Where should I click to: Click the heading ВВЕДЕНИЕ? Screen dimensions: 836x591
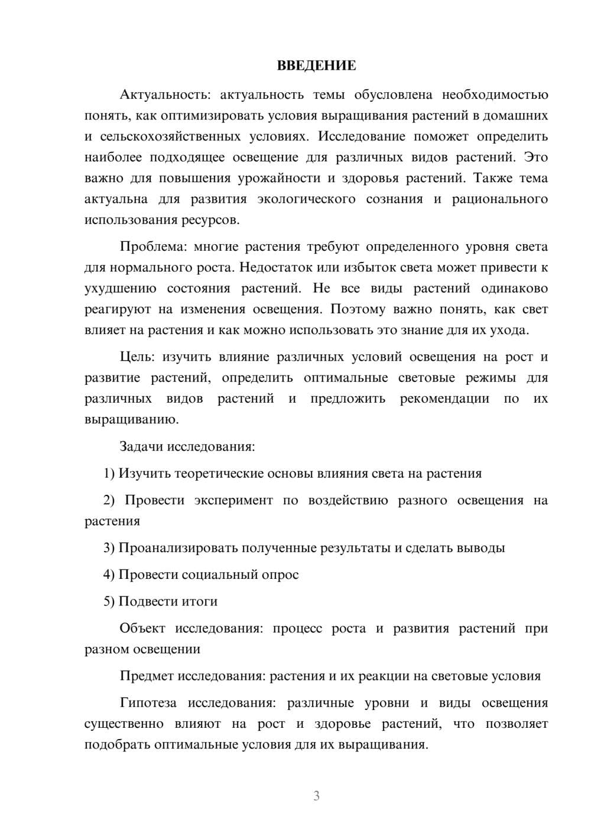[316, 66]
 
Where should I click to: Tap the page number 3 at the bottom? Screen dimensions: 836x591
[316, 796]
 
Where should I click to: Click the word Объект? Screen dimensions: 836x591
[142, 628]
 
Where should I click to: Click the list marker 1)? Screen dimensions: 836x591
[109, 473]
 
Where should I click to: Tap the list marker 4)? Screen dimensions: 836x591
[109, 574]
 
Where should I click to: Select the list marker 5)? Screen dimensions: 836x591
[109, 601]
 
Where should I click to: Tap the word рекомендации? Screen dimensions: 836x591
[444, 398]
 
